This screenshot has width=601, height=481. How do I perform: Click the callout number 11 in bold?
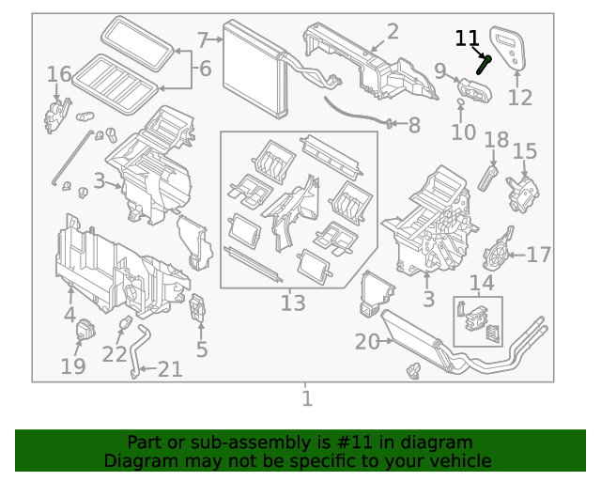(467, 39)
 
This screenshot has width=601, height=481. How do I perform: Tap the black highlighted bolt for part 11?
(485, 64)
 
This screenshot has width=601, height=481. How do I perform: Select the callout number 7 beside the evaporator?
(203, 40)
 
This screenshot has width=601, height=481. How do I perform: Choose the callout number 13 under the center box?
(293, 303)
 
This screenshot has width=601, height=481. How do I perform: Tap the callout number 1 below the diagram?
(306, 398)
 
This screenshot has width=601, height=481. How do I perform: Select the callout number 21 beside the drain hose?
(169, 369)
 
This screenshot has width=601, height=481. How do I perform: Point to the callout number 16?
(58, 73)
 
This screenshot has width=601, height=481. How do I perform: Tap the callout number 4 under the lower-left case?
(69, 315)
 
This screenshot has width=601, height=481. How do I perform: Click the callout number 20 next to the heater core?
(367, 343)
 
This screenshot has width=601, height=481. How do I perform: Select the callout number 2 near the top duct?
(393, 32)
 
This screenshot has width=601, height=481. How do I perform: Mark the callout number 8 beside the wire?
(414, 124)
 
